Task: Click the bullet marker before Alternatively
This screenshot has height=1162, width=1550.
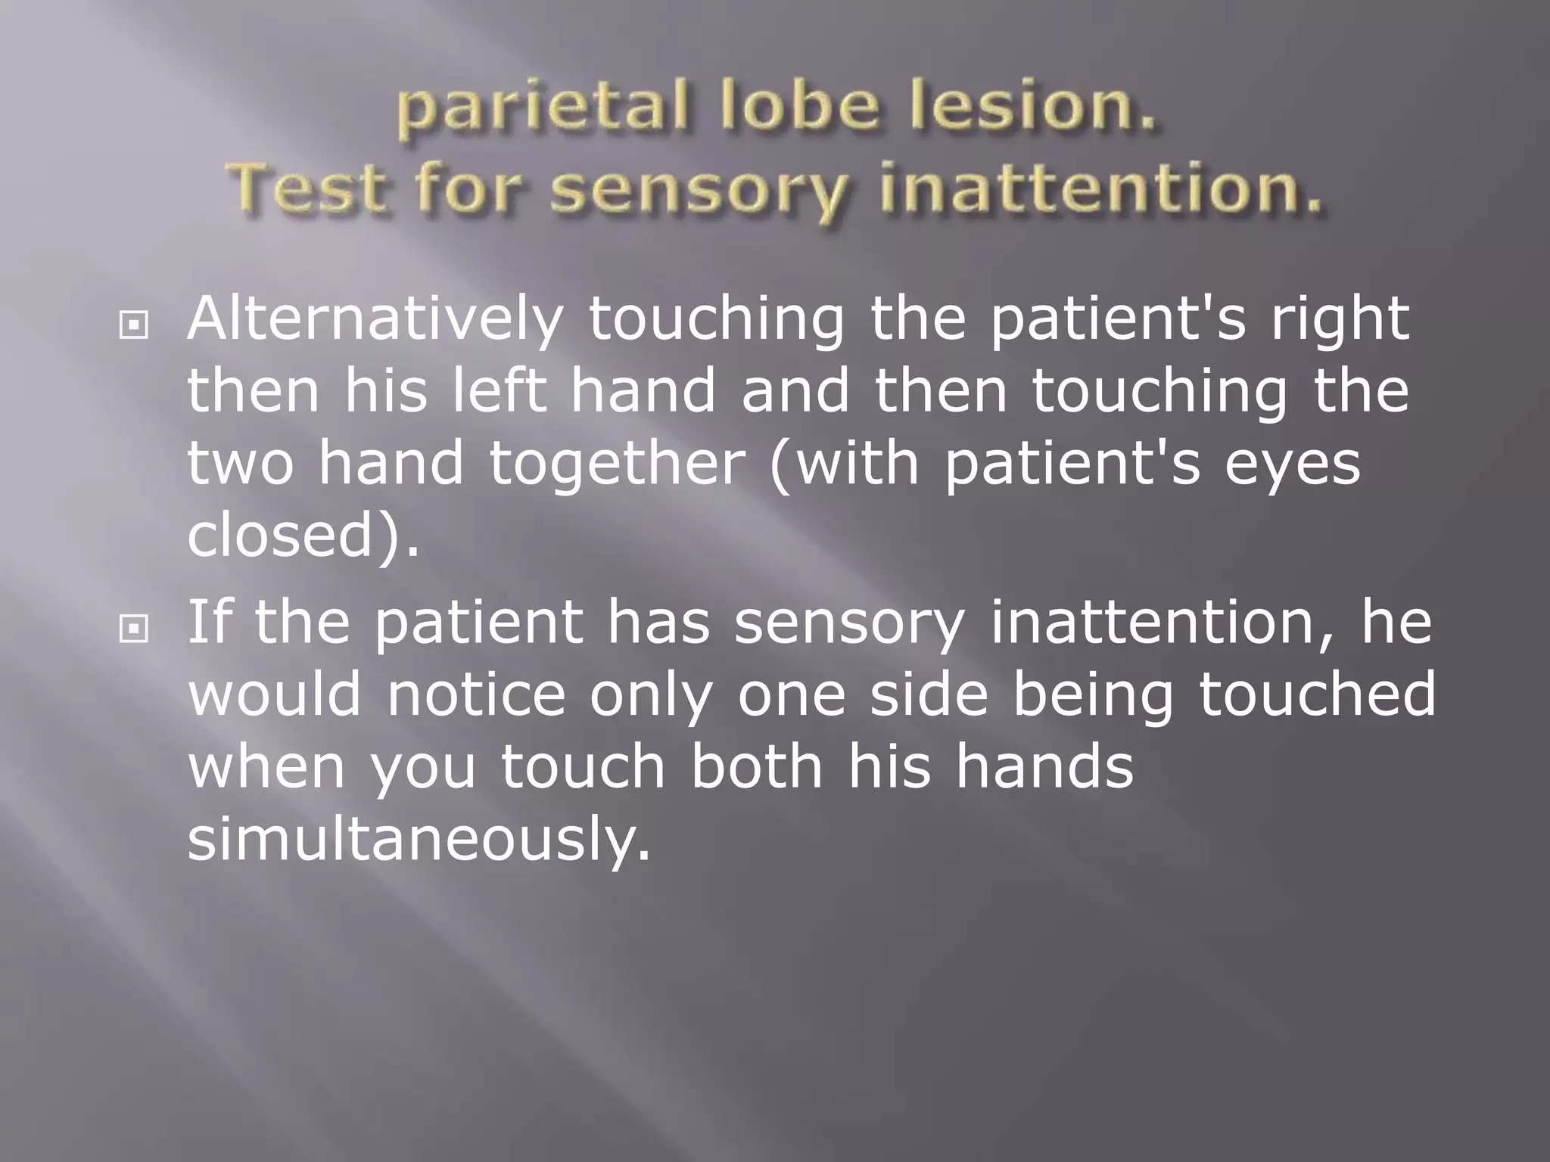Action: point(134,326)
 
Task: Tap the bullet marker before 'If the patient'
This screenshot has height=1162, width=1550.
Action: point(134,628)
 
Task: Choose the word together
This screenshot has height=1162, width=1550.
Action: point(617,464)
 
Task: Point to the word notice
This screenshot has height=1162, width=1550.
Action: point(476,694)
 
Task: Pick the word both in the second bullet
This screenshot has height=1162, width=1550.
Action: point(757,766)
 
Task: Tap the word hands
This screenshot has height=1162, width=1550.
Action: point(1044,766)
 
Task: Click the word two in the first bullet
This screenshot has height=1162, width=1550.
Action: point(240,464)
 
